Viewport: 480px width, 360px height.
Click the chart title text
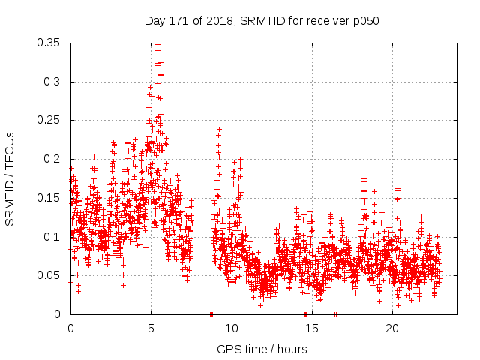262,20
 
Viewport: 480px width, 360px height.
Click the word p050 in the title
365,20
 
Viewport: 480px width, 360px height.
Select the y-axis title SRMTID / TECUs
10,178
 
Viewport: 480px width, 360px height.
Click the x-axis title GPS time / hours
262,349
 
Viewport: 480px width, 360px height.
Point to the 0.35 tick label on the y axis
49,43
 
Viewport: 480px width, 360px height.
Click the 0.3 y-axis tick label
54,82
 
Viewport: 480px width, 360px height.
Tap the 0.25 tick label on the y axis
49,120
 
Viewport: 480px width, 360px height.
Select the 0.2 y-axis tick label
54,159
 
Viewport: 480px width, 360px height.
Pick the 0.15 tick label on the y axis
49,198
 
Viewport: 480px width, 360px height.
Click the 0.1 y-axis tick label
54,237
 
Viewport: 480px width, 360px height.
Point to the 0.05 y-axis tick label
49,275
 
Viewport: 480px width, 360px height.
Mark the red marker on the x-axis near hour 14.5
305,314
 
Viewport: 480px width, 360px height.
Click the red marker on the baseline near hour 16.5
335,314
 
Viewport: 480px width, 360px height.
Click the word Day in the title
155,20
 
